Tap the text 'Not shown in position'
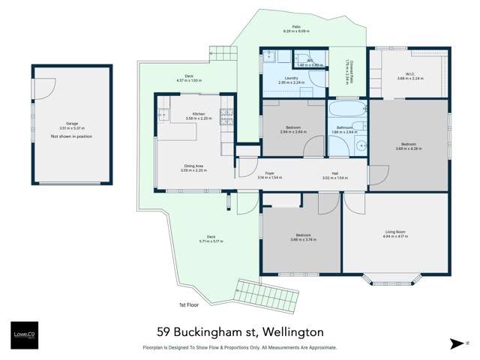click(x=71, y=136)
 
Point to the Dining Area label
click(x=193, y=166)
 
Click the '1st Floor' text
click(x=187, y=304)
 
